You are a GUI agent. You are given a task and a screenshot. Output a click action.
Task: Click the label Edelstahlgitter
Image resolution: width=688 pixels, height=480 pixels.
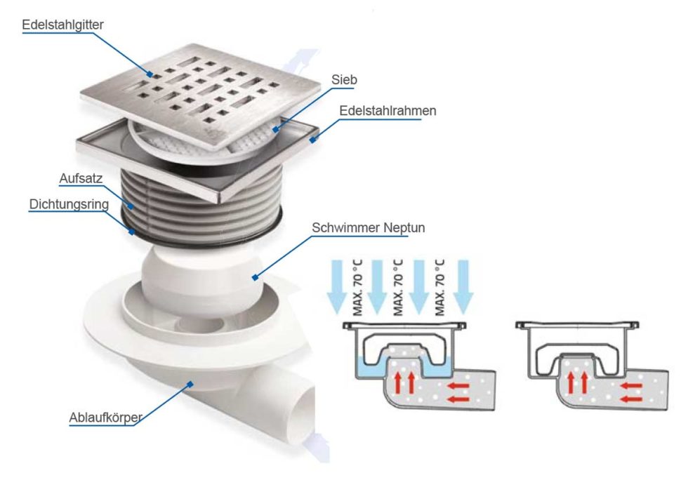[x=62, y=25]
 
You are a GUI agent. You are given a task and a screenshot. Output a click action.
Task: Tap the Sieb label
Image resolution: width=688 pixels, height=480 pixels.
[x=344, y=80]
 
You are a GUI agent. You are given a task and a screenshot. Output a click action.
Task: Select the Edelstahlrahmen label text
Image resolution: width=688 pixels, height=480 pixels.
[x=388, y=111]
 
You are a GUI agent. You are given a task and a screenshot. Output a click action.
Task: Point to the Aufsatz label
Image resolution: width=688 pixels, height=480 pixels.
[x=81, y=178]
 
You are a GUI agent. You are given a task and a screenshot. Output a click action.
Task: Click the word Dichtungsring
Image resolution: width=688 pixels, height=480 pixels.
[x=69, y=204]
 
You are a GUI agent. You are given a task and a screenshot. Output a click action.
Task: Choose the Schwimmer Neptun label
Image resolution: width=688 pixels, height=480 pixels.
[x=369, y=228]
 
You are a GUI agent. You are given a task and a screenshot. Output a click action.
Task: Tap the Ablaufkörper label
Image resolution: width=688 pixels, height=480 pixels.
[x=106, y=418]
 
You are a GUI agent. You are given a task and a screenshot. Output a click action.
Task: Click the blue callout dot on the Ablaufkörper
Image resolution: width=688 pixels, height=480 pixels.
[x=190, y=385]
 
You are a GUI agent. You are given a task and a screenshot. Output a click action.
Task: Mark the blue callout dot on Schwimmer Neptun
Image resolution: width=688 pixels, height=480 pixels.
[x=254, y=277]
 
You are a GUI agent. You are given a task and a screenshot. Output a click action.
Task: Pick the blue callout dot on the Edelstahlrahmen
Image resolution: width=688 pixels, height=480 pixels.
[x=312, y=140]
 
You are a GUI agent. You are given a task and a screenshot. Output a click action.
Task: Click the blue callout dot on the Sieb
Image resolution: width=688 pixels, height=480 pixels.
[x=275, y=129]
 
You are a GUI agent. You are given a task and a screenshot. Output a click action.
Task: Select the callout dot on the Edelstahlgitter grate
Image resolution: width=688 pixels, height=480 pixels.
[x=150, y=74]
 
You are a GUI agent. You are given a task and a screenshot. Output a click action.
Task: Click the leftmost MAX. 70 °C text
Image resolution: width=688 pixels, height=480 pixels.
[x=358, y=288]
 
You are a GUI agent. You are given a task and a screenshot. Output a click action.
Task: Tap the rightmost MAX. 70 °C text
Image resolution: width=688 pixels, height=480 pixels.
[x=439, y=288]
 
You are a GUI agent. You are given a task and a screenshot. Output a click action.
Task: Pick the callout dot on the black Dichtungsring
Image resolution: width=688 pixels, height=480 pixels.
[x=132, y=231]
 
